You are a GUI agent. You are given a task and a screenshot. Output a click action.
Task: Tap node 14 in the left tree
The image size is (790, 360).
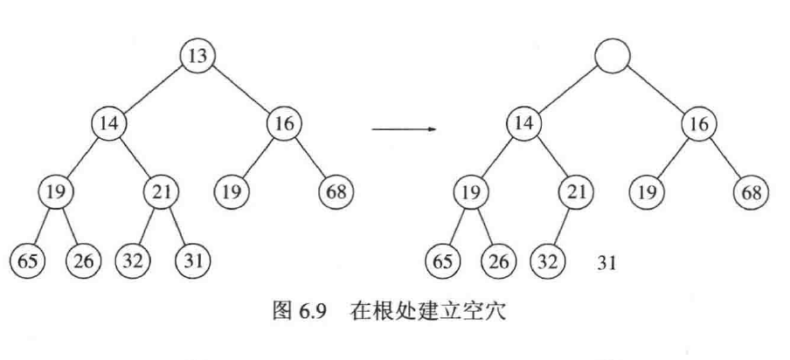109,124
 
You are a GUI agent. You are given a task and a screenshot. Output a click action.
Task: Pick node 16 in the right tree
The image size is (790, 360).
699,124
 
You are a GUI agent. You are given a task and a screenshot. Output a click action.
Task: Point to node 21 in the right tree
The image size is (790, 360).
574,191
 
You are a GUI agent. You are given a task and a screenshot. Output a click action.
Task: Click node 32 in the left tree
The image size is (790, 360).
135,260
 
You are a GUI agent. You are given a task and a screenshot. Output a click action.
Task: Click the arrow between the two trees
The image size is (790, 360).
404,129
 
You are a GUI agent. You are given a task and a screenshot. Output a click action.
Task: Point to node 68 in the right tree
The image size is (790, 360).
750,191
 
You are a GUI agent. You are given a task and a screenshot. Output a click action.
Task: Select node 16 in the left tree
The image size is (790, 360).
284,124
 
